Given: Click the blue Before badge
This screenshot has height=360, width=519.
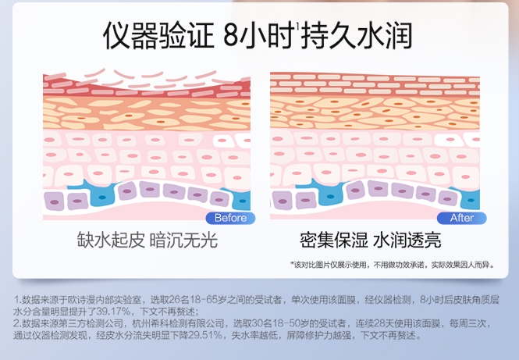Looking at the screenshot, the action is click(229, 218).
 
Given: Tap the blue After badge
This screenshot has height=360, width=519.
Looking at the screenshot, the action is click(462, 218).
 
